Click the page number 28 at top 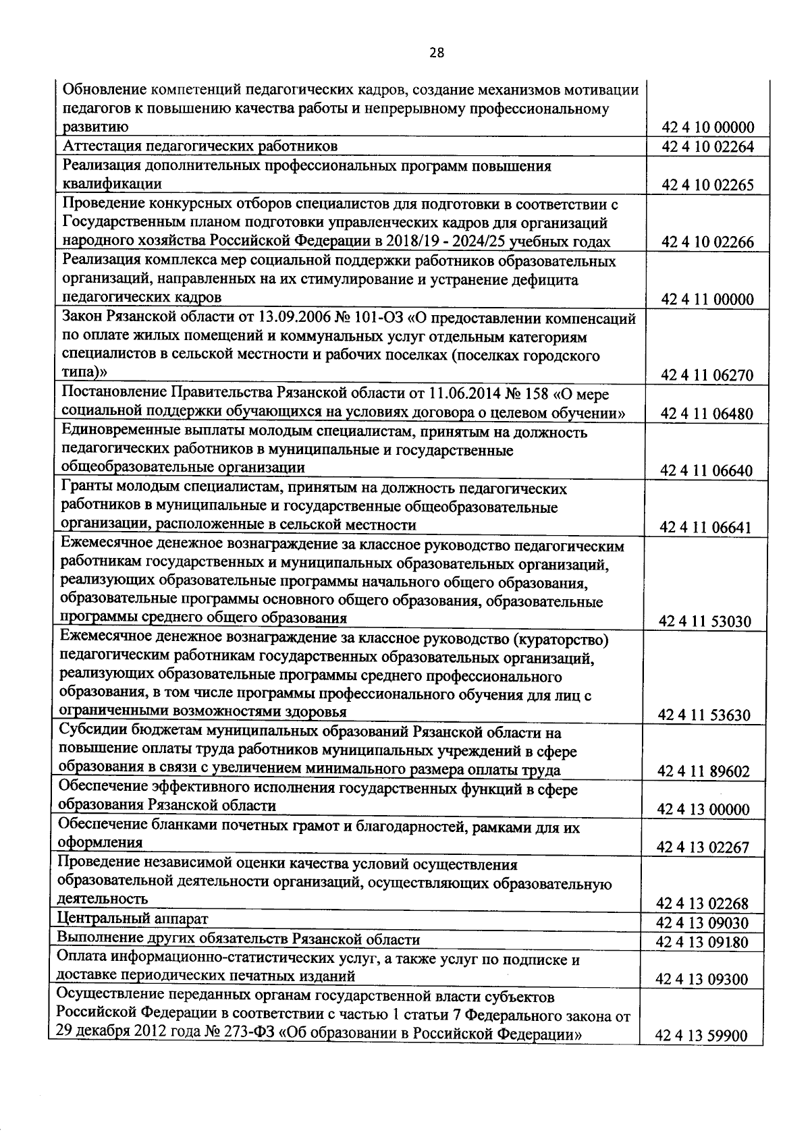[436, 53]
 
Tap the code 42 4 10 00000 [707, 128]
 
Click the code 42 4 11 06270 [707, 376]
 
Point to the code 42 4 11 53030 [706, 621]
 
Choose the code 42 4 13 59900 [701, 1054]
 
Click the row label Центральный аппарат [133, 918]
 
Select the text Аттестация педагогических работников [200, 146]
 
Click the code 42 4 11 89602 [705, 771]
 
